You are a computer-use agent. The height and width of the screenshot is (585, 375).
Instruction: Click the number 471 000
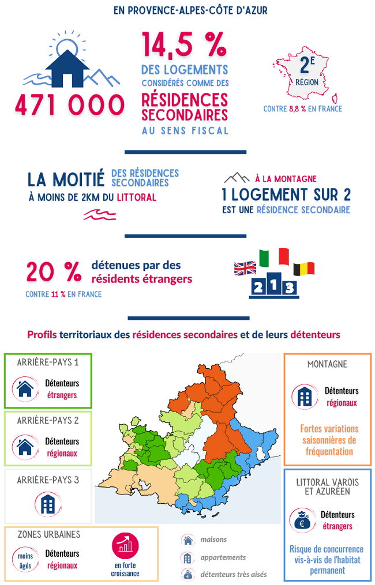[69, 105]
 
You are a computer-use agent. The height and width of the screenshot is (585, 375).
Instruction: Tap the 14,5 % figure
[184, 46]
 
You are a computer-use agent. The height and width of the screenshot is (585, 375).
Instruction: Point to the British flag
[245, 268]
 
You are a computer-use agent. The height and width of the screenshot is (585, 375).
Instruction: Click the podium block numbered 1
[273, 284]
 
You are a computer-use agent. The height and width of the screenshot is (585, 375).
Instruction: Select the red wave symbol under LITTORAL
[99, 215]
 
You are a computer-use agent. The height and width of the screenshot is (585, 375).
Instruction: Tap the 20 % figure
[54, 272]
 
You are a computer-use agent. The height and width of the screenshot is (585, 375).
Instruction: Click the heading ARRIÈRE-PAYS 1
[48, 363]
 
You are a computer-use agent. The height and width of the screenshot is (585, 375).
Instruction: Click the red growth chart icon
[126, 544]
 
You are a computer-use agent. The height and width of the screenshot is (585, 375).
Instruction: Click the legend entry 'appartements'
[223, 557]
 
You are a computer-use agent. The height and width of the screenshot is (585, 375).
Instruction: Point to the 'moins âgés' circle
[25, 560]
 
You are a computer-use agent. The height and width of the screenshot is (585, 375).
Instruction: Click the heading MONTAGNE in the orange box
[327, 364]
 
